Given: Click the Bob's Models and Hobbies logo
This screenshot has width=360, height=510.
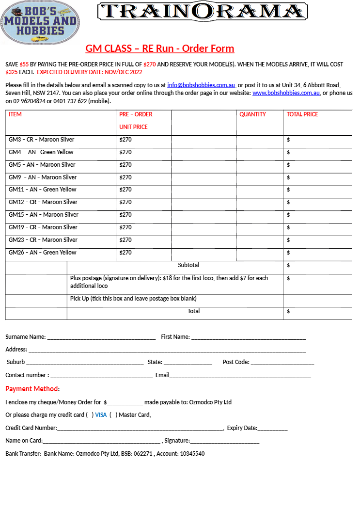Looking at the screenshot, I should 40,23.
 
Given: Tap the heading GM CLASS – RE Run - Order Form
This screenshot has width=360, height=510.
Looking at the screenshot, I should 160,48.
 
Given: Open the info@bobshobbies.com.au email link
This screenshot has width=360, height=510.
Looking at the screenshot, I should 201,85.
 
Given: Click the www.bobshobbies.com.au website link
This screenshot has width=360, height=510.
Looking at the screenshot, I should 286,93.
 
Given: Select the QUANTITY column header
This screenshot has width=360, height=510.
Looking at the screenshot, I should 252,114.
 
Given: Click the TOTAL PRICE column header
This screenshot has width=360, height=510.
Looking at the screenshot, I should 302,114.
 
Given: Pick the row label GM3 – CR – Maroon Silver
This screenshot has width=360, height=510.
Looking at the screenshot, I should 42,140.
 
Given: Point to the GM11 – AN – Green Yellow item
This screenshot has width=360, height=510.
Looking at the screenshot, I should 43,190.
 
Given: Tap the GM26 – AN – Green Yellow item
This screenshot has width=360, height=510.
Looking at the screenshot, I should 43,253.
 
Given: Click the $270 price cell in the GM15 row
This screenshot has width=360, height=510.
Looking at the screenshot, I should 125,215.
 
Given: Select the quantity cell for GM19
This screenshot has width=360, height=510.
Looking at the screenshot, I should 259,227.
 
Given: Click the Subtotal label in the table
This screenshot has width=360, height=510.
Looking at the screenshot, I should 188,265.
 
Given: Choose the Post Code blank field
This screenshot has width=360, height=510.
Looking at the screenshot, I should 282,363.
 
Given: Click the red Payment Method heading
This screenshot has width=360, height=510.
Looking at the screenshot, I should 32,389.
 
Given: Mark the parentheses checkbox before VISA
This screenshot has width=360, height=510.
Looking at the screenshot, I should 90,415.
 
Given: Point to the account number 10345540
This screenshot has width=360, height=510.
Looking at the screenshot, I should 192,454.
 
